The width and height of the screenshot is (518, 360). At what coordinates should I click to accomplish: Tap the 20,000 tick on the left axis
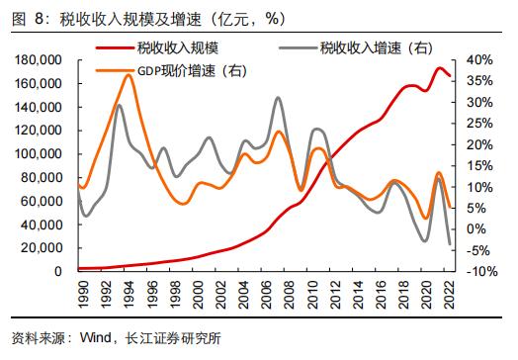(x=40, y=247)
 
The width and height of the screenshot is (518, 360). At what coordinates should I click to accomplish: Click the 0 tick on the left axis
(x=58, y=271)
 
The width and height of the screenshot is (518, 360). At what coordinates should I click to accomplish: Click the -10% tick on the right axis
(x=480, y=271)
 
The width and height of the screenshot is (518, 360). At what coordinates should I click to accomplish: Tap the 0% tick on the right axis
(x=475, y=228)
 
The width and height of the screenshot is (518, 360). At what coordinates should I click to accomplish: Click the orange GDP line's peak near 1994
(x=129, y=74)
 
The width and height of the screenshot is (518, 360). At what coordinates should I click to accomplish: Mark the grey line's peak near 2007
(x=278, y=98)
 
